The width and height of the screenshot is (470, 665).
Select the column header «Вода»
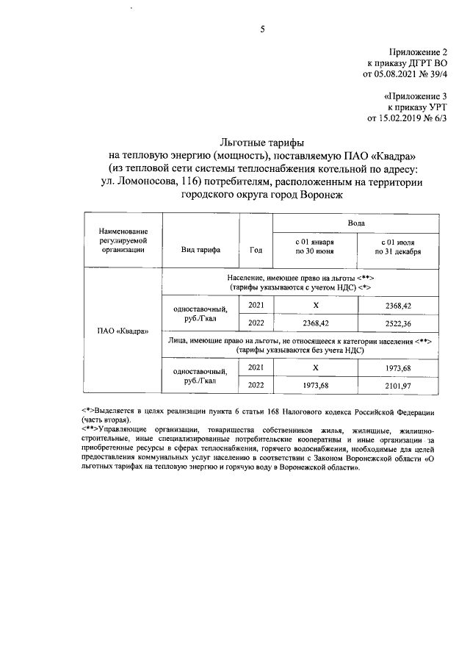[356, 222]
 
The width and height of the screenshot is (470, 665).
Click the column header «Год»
[256, 250]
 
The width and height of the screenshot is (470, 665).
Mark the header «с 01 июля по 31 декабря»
[397, 246]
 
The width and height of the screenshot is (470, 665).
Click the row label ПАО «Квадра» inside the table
[123, 330]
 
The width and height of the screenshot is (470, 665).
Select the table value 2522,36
[397, 323]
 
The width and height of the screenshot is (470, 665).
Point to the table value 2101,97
[397, 384]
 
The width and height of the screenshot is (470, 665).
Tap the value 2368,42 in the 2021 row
[397, 305]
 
